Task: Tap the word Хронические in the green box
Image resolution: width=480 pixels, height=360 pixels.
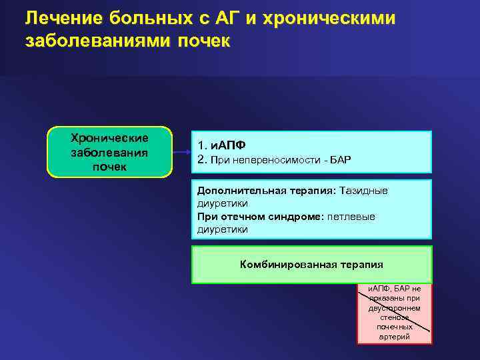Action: coord(109,138)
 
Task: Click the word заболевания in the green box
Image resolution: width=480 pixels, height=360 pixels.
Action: coord(109,152)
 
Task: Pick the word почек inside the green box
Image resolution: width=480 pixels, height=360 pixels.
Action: coord(109,166)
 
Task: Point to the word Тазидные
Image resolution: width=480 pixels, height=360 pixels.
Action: coord(363,191)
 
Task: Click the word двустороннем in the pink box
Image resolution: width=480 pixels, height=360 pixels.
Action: coord(395,309)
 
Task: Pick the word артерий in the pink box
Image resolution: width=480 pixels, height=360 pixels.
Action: coord(395,337)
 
